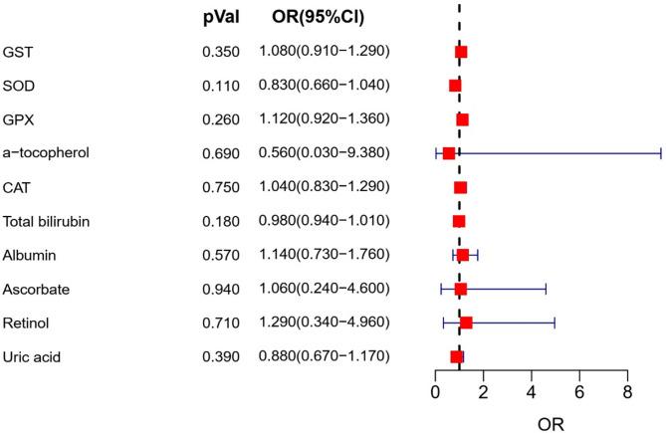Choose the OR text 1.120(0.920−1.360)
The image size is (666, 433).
click(324, 119)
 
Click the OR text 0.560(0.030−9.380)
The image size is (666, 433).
click(324, 153)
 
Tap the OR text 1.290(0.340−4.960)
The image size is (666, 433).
click(324, 323)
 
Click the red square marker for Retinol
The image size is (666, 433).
click(466, 323)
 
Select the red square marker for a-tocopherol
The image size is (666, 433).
click(449, 153)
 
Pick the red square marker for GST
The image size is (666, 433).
click(461, 52)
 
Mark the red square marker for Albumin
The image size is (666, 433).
click(462, 255)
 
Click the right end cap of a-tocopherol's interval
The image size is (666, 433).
click(660, 153)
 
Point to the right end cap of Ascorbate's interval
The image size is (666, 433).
click(546, 289)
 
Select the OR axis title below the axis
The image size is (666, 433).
click(553, 421)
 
